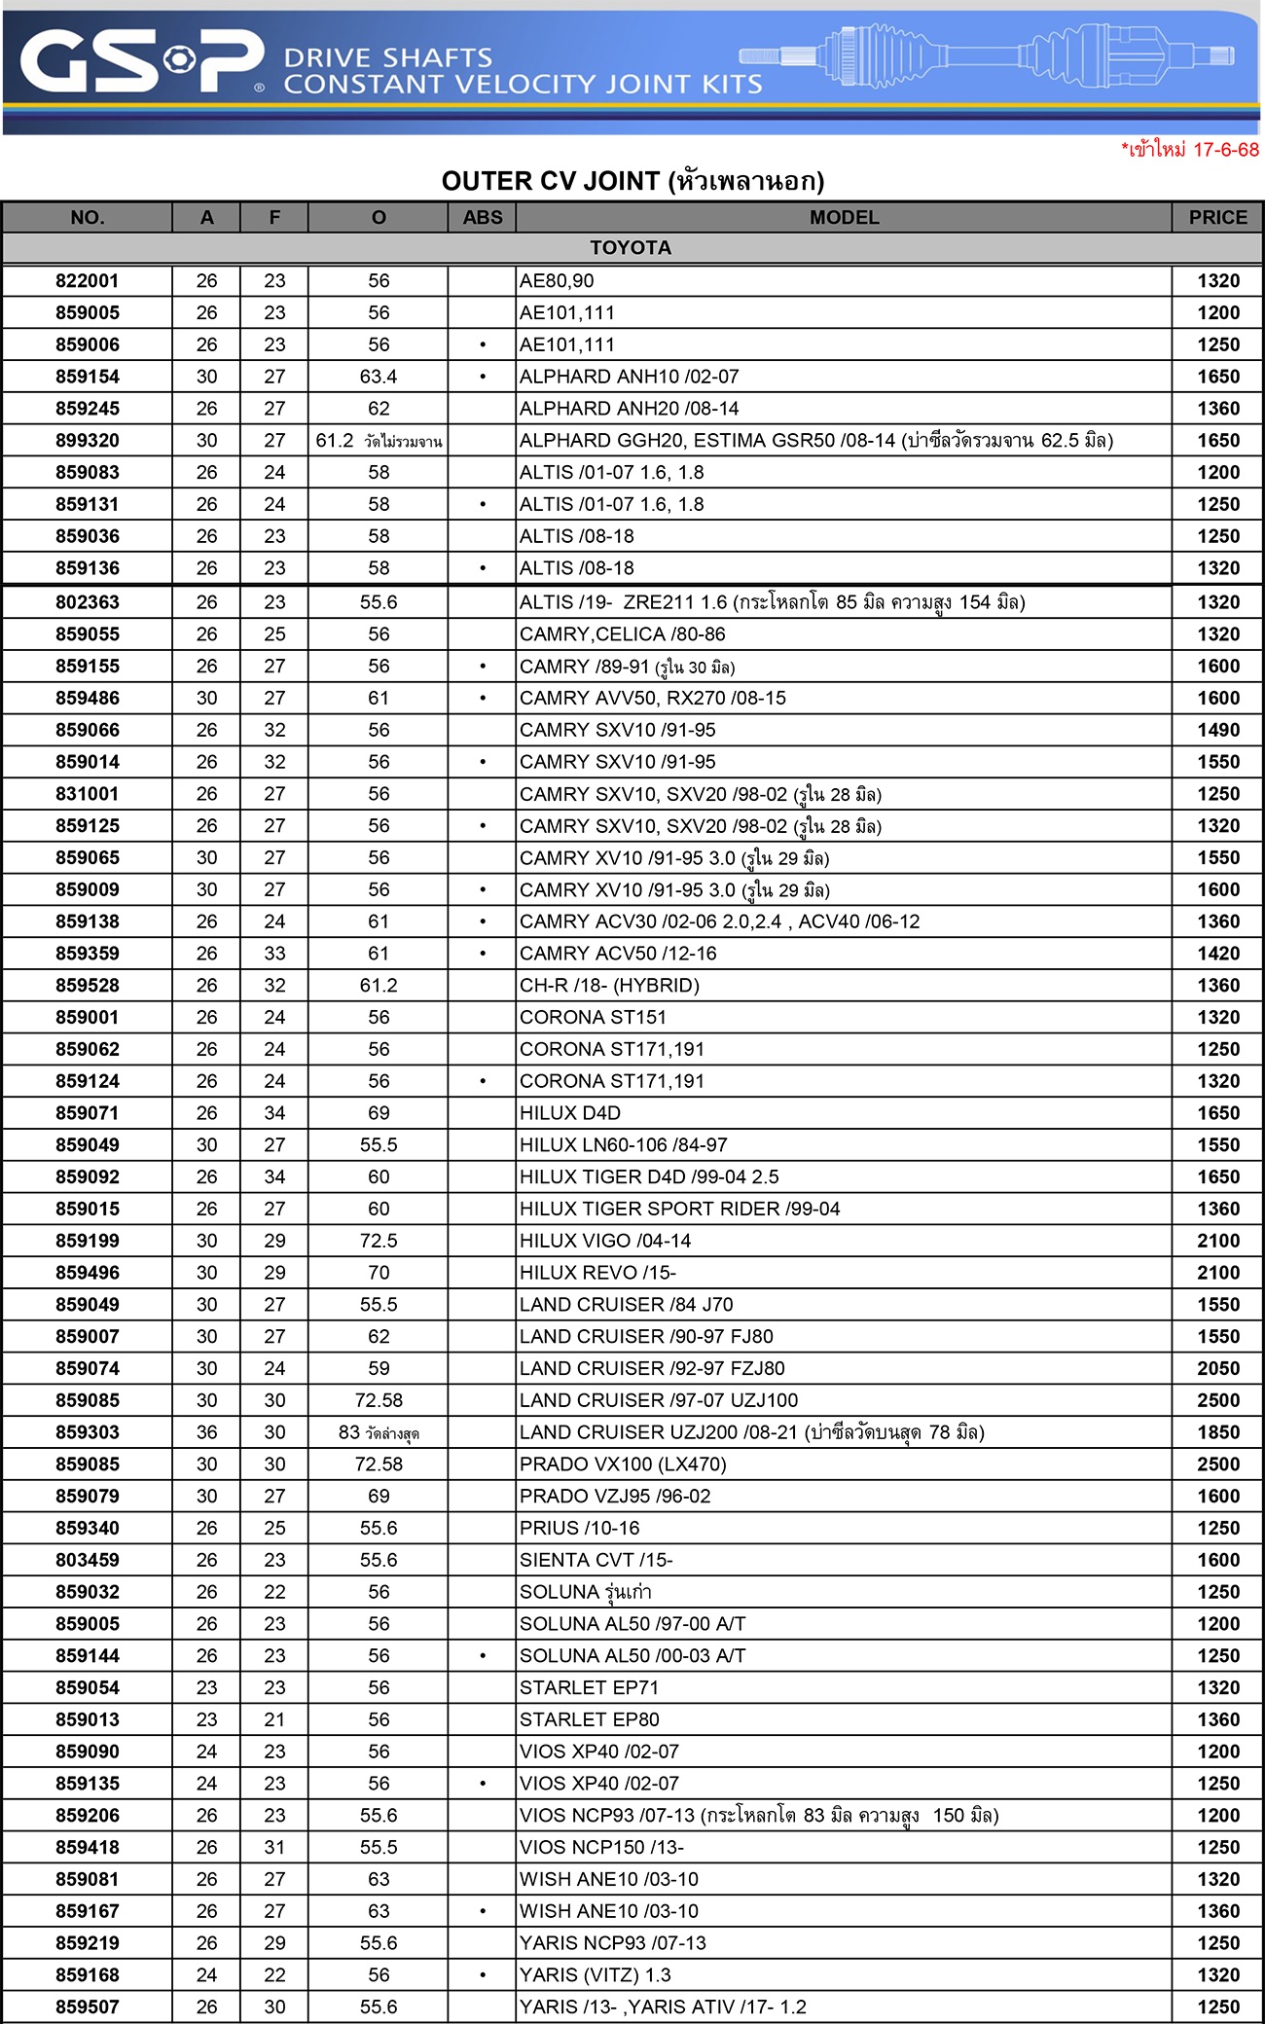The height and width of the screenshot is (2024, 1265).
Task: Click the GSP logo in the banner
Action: (141, 62)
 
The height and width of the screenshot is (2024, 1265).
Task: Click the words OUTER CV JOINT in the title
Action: (550, 181)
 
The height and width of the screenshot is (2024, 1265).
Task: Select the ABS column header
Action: (483, 218)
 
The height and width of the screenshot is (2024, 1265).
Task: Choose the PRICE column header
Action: (1217, 218)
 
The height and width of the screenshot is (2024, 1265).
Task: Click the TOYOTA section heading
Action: (631, 248)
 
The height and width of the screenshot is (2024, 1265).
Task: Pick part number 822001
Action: (88, 281)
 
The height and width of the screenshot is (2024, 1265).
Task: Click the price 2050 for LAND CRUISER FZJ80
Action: (1218, 1368)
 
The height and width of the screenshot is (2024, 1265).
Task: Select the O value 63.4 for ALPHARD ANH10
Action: (379, 377)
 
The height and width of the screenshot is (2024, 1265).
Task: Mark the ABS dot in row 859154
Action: (483, 377)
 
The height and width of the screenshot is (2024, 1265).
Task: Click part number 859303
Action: (88, 1432)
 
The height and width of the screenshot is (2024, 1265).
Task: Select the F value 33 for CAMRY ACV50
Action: (274, 954)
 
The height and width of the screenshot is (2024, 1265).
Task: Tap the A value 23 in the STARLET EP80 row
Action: (206, 1719)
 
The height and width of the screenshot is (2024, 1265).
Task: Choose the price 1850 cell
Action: (1218, 1432)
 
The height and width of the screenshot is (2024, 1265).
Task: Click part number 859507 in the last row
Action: (88, 2006)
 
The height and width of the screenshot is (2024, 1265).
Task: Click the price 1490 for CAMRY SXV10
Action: (1218, 730)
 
